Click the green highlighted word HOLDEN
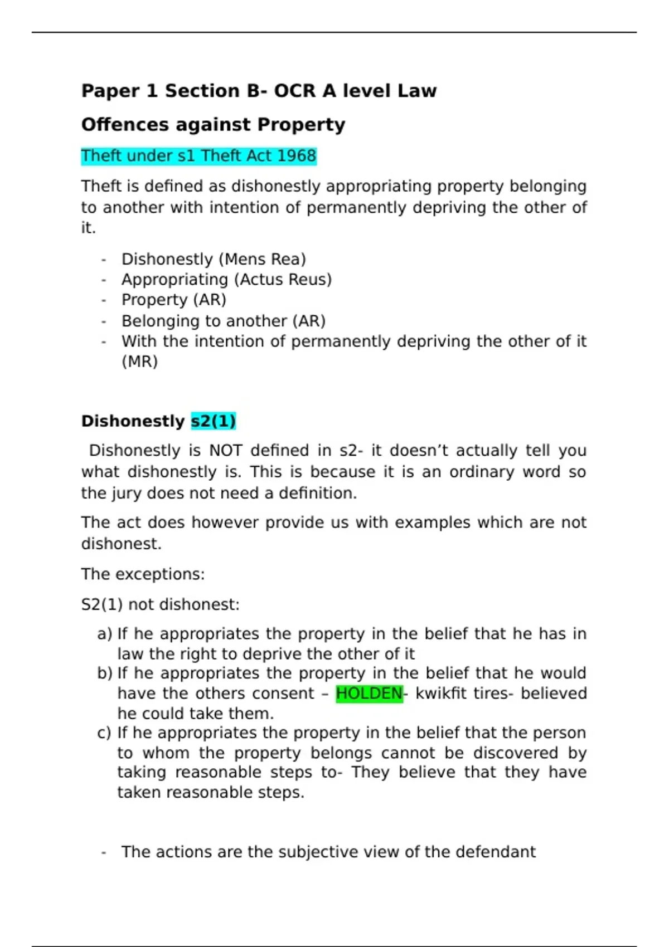369,694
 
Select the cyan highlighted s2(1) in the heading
214,421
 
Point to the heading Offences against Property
213,125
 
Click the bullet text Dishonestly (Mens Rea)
214,260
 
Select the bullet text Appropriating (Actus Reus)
226,280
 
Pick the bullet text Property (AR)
174,300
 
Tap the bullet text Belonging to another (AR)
224,321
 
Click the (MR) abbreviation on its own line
140,362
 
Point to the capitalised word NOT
225,451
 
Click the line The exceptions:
143,574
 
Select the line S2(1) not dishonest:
160,605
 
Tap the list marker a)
104,634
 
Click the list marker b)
104,673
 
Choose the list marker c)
104,733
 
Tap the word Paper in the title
110,91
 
